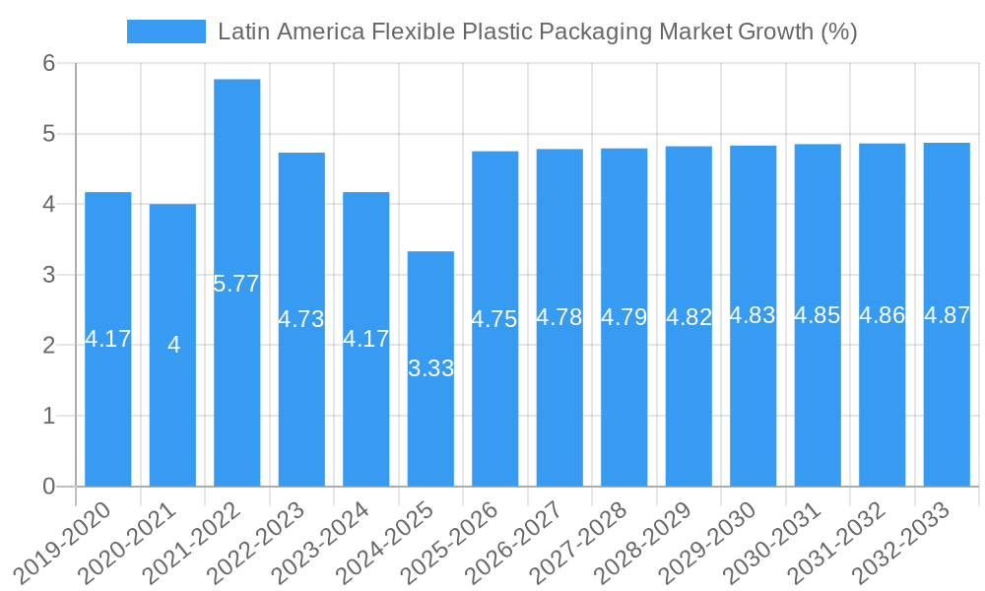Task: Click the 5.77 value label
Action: point(236,284)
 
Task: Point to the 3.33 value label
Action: point(430,368)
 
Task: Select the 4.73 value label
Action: point(301,319)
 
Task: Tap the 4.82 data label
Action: point(689,317)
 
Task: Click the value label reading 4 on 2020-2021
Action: point(173,345)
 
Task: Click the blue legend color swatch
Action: point(165,32)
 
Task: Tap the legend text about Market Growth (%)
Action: point(537,32)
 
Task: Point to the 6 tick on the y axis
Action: point(48,63)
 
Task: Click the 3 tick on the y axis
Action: point(48,275)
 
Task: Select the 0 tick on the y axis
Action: point(48,487)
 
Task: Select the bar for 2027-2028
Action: point(624,414)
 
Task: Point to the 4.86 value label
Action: point(883,316)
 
